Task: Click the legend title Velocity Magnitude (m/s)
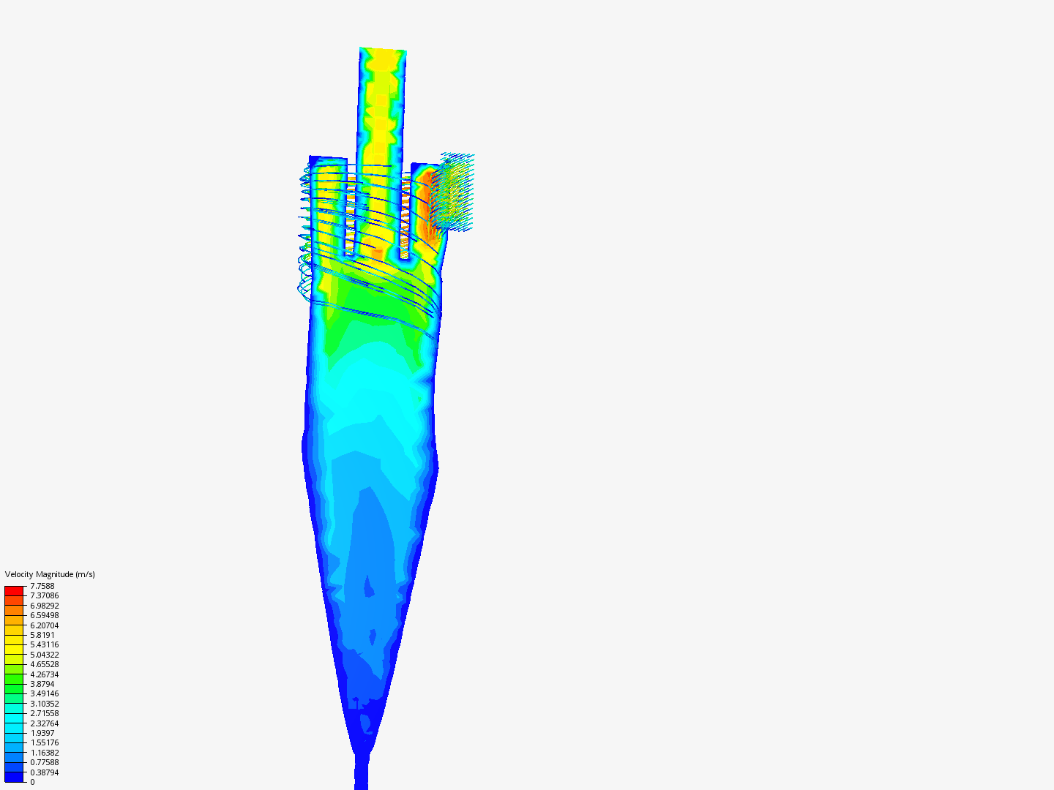pyautogui.click(x=50, y=574)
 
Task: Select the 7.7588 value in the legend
pyautogui.click(x=42, y=586)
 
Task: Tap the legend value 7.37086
pyautogui.click(x=44, y=595)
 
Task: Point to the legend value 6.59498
pyautogui.click(x=44, y=615)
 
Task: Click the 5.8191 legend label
pyautogui.click(x=42, y=635)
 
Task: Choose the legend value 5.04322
pyautogui.click(x=44, y=655)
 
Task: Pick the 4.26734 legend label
pyautogui.click(x=44, y=674)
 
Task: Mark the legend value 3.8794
pyautogui.click(x=42, y=684)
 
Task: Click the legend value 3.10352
pyautogui.click(x=44, y=704)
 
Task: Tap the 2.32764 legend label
pyautogui.click(x=44, y=723)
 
